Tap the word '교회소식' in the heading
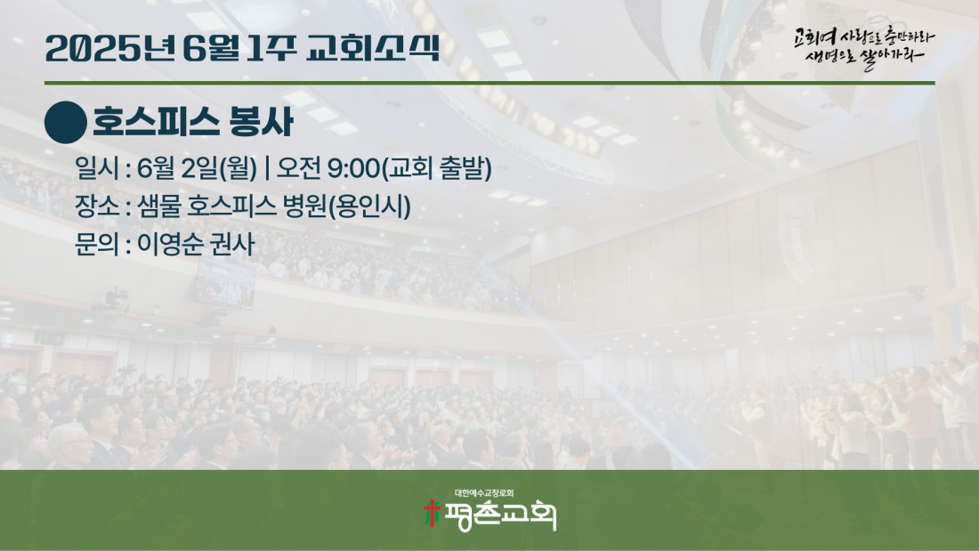tap(374, 48)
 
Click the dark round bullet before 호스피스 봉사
tap(66, 123)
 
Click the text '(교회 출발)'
tap(436, 168)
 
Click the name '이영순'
tap(168, 244)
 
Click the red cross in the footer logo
tap(432, 513)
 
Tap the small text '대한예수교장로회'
tap(484, 493)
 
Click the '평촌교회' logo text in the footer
tap(499, 515)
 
